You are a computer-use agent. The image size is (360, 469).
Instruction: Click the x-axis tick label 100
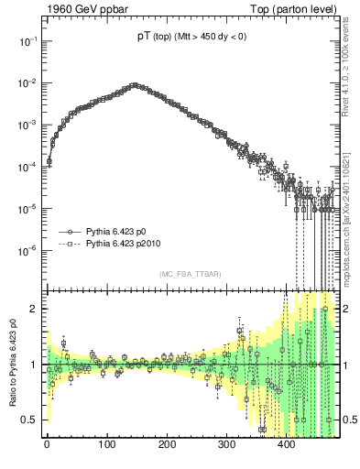pyautogui.click(x=106, y=445)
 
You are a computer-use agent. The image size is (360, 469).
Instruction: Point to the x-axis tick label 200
pyautogui.click(x=167, y=445)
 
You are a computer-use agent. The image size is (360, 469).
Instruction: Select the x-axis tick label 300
pyautogui.click(x=226, y=445)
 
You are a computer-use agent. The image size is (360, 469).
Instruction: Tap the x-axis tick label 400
pyautogui.click(x=287, y=445)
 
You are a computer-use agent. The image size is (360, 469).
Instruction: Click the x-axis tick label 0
pyautogui.click(x=47, y=445)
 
